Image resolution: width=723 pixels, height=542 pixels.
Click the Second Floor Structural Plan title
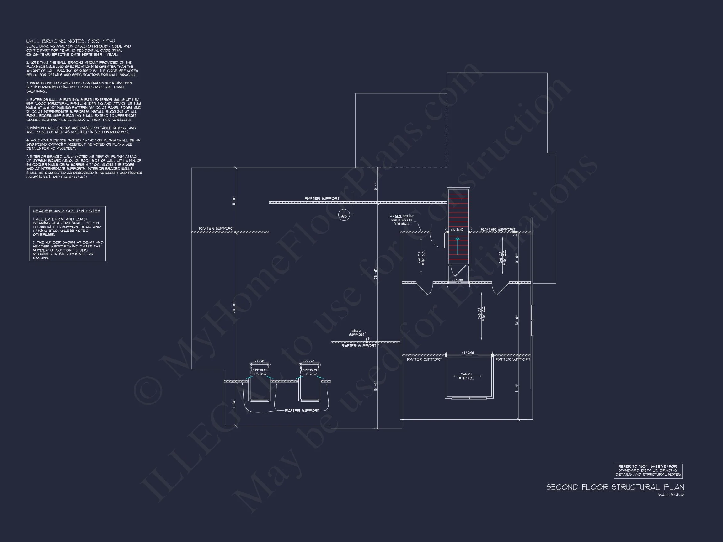[615, 487]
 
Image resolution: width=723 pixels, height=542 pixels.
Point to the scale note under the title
[671, 495]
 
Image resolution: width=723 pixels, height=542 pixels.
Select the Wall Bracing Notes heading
[71, 41]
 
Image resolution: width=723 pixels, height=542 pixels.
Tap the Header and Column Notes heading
[67, 211]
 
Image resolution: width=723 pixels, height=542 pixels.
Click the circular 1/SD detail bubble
[344, 215]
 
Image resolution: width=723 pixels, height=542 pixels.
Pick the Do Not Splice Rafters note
[401, 220]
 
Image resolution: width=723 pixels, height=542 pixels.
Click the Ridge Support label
[356, 333]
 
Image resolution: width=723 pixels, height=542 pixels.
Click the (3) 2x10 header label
[469, 353]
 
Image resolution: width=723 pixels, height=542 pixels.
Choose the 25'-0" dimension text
[376, 274]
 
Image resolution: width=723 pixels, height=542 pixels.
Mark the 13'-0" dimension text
[517, 320]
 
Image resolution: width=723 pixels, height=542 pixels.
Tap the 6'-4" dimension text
[376, 186]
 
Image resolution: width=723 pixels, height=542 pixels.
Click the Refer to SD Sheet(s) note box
[648, 470]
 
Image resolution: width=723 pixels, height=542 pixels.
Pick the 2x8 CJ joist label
[481, 313]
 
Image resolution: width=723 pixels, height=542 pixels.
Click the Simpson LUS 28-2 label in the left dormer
[260, 372]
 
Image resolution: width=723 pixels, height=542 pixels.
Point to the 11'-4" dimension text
[517, 388]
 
